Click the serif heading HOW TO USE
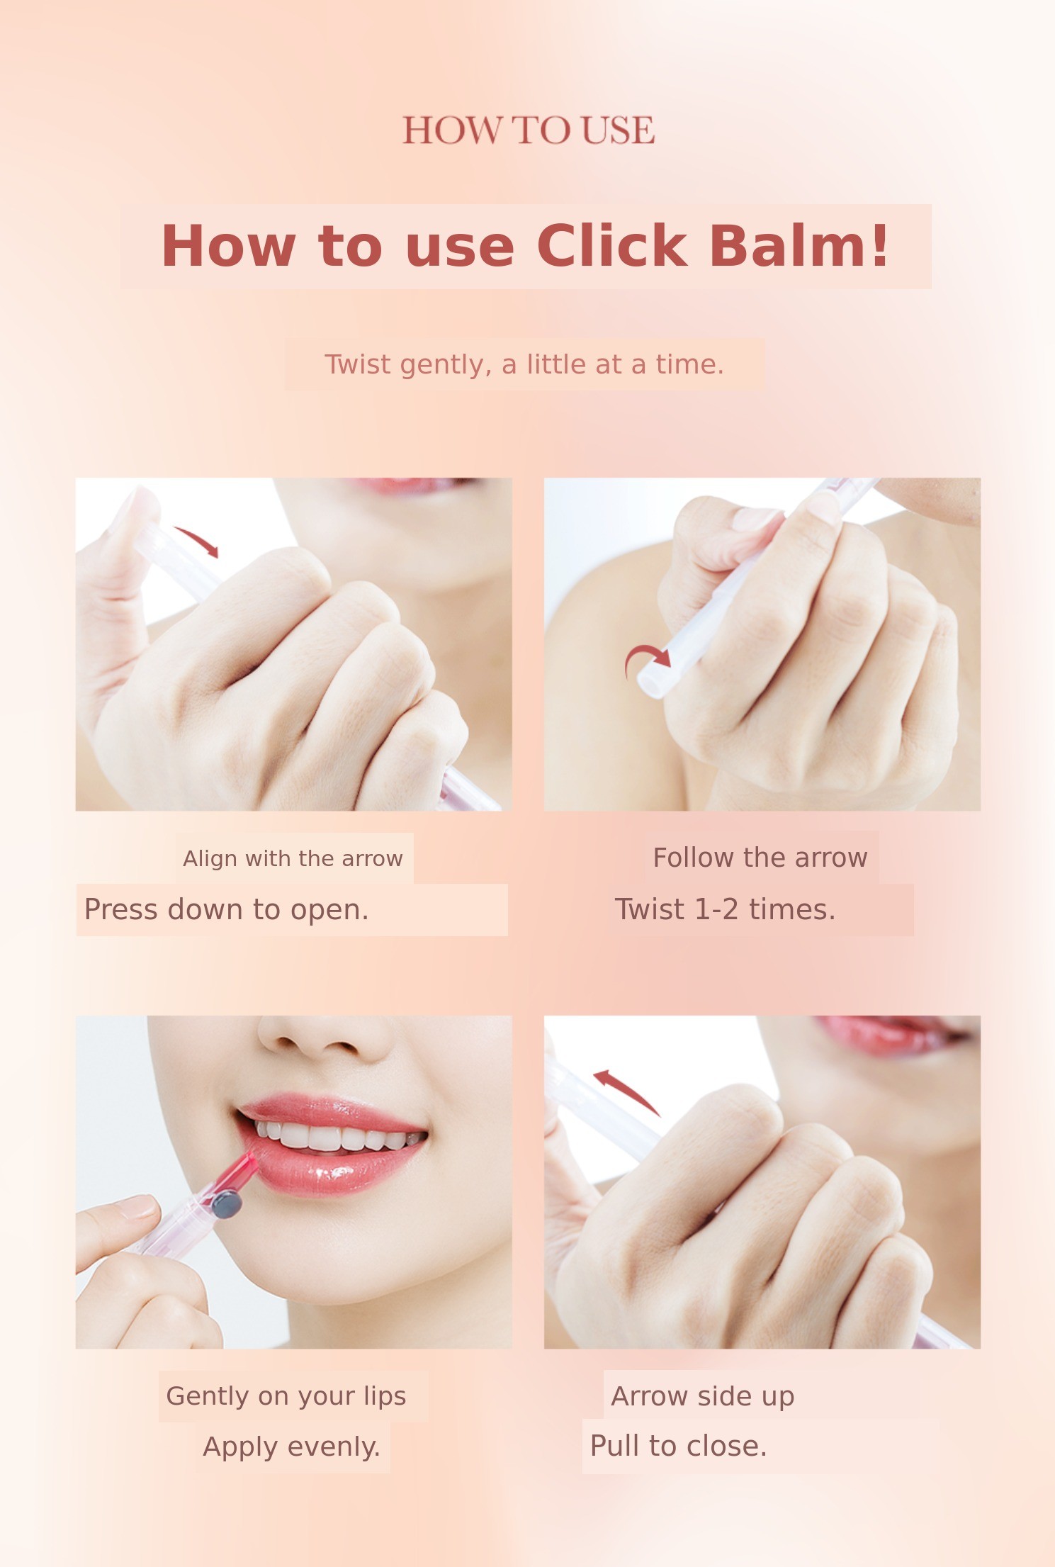click(x=529, y=130)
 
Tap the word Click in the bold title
click(x=611, y=246)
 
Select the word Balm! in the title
click(x=799, y=246)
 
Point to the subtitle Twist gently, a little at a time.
click(x=524, y=364)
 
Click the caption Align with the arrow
click(x=293, y=858)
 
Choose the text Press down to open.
click(x=226, y=909)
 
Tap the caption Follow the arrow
click(x=760, y=858)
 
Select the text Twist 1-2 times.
click(x=725, y=909)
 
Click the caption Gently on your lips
click(x=286, y=1396)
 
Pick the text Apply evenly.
click(x=292, y=1447)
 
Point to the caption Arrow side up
click(x=702, y=1396)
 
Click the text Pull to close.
click(x=678, y=1446)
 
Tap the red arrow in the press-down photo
click(x=197, y=541)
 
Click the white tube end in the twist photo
click(x=652, y=684)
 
